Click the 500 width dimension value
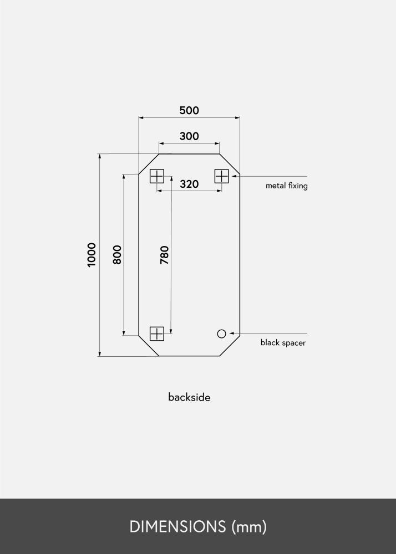pos(189,110)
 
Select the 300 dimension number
pos(189,136)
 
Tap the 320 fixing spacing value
pos(189,184)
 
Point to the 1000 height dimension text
pos(92,255)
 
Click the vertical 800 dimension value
pos(117,254)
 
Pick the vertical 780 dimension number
pos(165,254)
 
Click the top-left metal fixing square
pos(157,176)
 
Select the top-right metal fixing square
pos(222,176)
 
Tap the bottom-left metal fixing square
pos(157,334)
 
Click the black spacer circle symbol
pos(222,334)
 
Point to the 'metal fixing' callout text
pos(286,186)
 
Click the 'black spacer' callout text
pos(283,343)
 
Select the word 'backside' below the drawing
pos(189,397)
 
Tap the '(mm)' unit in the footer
pos(250,527)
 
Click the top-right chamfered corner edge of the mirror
pos(230,164)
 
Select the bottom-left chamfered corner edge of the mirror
pos(149,346)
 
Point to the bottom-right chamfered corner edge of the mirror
pos(230,346)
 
